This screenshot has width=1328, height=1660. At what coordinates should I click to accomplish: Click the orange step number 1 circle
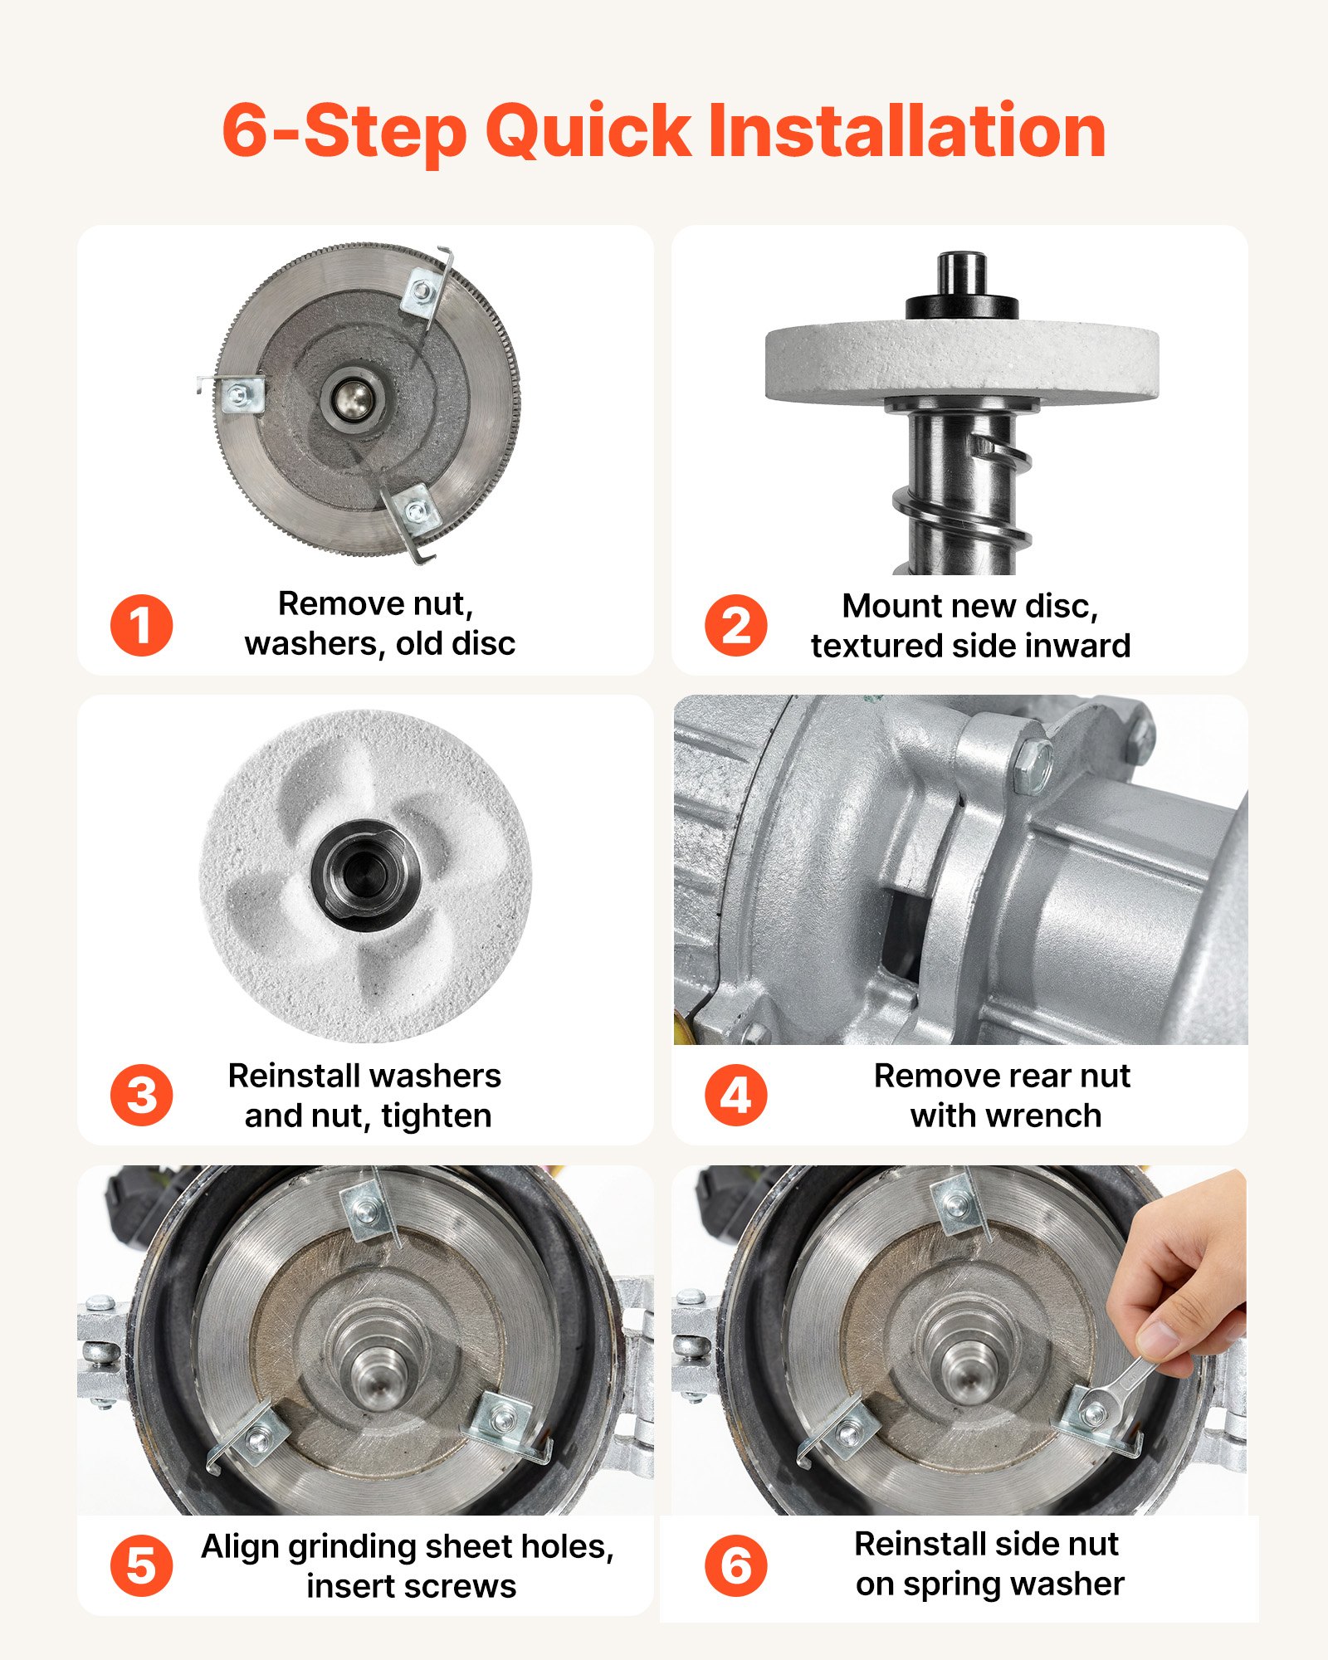(141, 625)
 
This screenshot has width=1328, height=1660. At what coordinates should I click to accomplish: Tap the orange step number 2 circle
(735, 625)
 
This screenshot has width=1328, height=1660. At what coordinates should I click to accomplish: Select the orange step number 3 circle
(141, 1095)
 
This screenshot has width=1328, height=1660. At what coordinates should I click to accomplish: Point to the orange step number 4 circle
(735, 1095)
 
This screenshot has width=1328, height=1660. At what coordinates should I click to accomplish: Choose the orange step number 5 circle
(141, 1566)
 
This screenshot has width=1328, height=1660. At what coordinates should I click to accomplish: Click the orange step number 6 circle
(735, 1566)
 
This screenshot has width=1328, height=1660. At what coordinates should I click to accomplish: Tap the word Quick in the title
(588, 131)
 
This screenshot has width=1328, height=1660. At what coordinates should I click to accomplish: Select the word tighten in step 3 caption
(437, 1116)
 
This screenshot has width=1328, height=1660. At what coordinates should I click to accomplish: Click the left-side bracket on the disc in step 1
(242, 394)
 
